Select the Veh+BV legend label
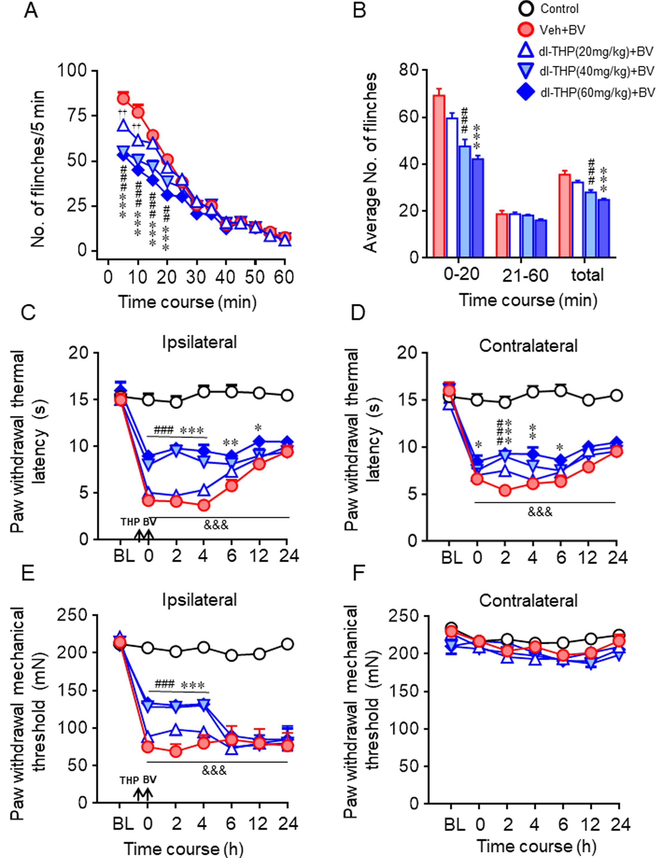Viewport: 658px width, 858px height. click(562, 30)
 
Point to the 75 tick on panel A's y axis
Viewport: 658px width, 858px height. click(77, 116)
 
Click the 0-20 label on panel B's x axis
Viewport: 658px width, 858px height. click(461, 275)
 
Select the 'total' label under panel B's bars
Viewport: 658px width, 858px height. click(587, 275)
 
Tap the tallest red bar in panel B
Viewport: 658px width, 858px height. click(439, 176)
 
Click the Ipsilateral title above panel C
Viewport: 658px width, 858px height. click(199, 342)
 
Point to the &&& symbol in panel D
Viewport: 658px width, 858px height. click(540, 511)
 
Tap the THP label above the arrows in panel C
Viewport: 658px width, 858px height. click(130, 522)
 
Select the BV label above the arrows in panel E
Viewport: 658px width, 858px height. click(150, 779)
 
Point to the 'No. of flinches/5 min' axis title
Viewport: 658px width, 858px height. click(38, 169)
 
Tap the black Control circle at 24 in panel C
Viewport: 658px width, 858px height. click(287, 395)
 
